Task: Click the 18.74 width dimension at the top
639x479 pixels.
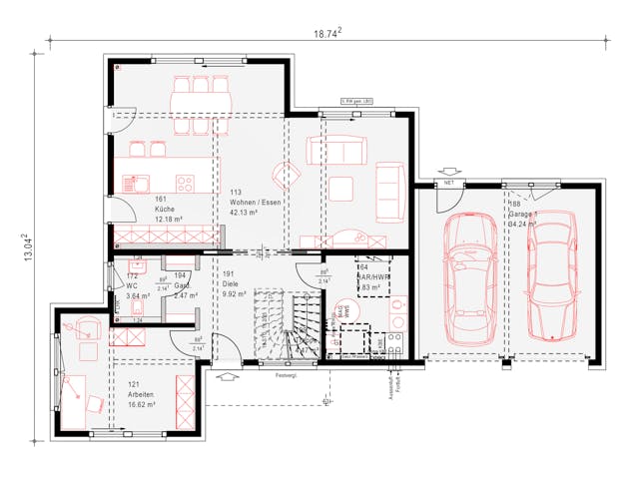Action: [x=327, y=34]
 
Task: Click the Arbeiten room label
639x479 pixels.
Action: [x=141, y=394]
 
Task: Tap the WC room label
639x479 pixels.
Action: [x=132, y=286]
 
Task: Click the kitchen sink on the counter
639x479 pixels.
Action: [x=134, y=183]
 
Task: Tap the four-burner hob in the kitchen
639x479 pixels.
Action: [x=186, y=183]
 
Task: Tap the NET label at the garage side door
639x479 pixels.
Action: [x=449, y=185]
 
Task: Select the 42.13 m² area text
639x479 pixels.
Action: [x=244, y=213]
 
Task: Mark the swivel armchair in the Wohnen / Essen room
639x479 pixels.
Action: [x=288, y=176]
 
